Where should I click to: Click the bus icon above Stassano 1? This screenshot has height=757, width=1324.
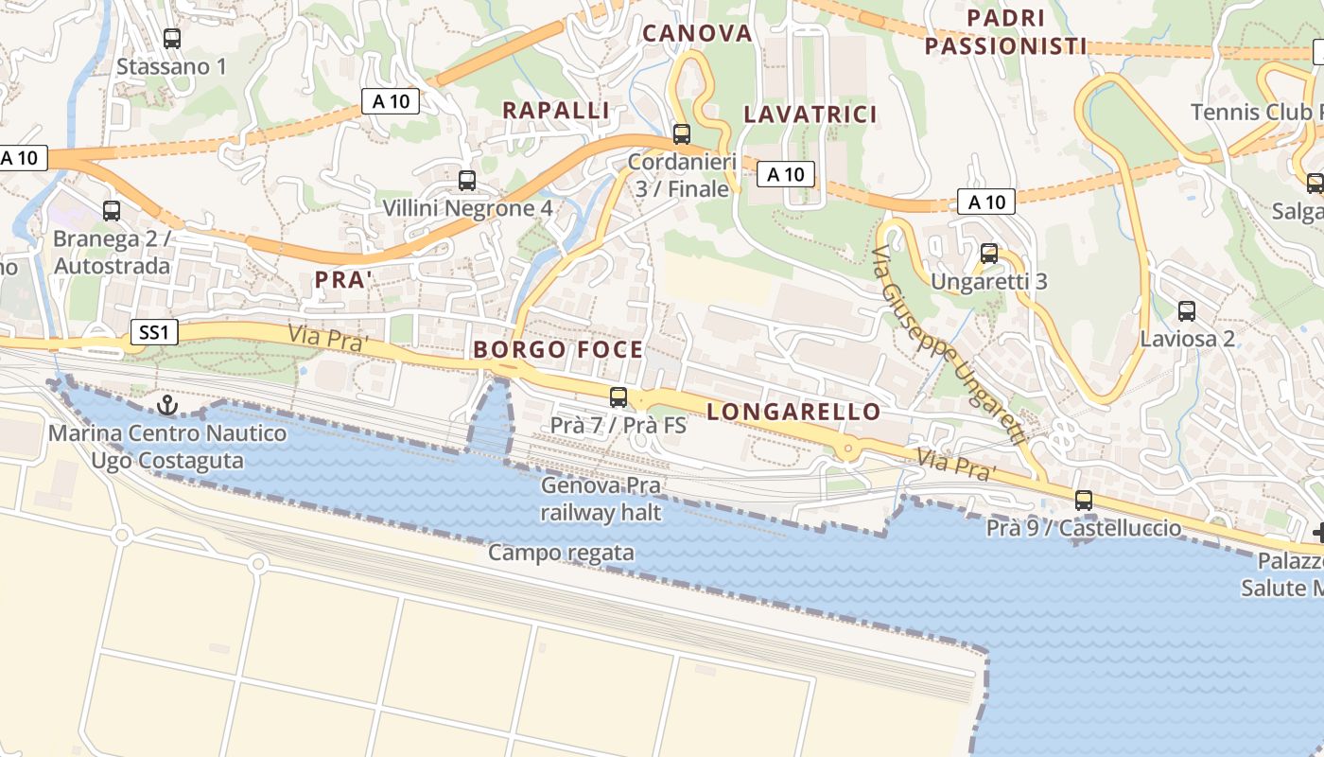tap(171, 39)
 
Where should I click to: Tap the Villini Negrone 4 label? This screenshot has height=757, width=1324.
tap(467, 207)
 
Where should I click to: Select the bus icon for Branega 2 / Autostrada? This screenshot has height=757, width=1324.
tap(112, 211)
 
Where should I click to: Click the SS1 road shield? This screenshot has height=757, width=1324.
tap(152, 332)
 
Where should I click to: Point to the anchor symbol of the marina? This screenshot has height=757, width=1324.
tap(167, 406)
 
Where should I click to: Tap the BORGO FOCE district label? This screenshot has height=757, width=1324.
tap(558, 350)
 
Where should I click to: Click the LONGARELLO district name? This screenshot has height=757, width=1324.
tap(793, 412)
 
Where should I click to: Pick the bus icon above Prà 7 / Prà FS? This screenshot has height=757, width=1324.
tap(618, 397)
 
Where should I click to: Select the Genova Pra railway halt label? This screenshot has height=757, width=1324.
tap(601, 500)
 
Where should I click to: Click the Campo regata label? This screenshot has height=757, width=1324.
tap(561, 553)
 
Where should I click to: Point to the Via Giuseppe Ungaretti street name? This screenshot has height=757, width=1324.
tap(949, 346)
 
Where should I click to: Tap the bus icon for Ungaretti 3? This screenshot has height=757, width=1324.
tap(989, 254)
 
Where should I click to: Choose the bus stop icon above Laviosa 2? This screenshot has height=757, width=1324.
tap(1187, 310)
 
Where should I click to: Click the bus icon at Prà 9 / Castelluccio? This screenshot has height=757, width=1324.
tap(1084, 501)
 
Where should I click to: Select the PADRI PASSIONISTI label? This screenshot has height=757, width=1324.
tap(1005, 32)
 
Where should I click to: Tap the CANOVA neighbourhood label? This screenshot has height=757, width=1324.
tap(697, 34)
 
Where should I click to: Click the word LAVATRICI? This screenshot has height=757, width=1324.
tap(810, 114)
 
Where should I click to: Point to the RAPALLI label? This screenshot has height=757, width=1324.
tap(555, 111)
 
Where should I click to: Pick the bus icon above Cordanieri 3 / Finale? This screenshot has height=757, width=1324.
tap(682, 134)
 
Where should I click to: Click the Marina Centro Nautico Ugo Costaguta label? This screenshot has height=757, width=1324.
tap(167, 448)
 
